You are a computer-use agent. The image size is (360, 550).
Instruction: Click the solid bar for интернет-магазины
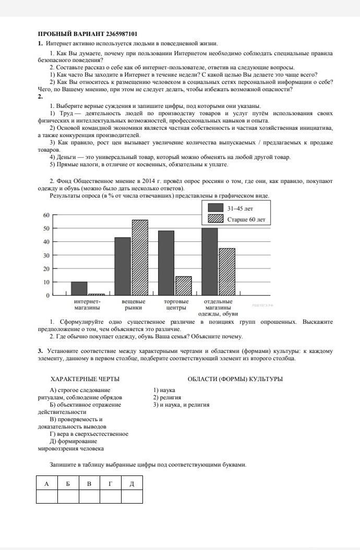[79, 288]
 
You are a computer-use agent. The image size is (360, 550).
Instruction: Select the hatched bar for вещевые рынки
[140, 258]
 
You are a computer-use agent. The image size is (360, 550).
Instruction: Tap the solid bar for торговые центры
[166, 263]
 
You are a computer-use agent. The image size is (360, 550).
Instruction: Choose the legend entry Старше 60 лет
[237, 219]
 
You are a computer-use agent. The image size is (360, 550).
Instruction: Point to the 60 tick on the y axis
[46, 215]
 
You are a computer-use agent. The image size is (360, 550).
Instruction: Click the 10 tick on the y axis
[46, 282]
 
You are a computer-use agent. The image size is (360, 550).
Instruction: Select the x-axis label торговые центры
[176, 305]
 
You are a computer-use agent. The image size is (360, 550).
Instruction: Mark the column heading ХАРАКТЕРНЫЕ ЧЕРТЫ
[85, 379]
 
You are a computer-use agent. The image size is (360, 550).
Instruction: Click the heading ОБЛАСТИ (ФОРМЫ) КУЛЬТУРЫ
[235, 379]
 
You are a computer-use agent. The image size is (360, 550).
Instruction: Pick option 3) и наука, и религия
[181, 405]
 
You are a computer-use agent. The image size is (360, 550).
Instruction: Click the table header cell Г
[110, 484]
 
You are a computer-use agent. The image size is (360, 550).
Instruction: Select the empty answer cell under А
[46, 496]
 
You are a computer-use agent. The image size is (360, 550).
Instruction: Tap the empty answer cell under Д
[131, 496]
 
